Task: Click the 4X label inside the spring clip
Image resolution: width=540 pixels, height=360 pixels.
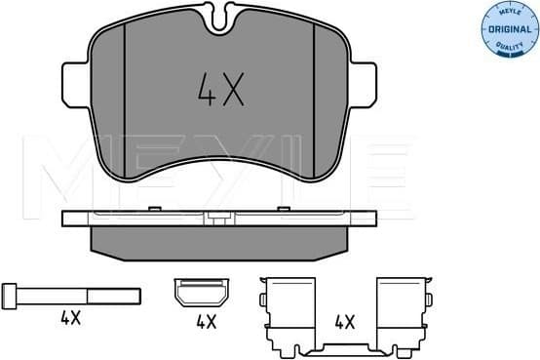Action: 343,319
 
